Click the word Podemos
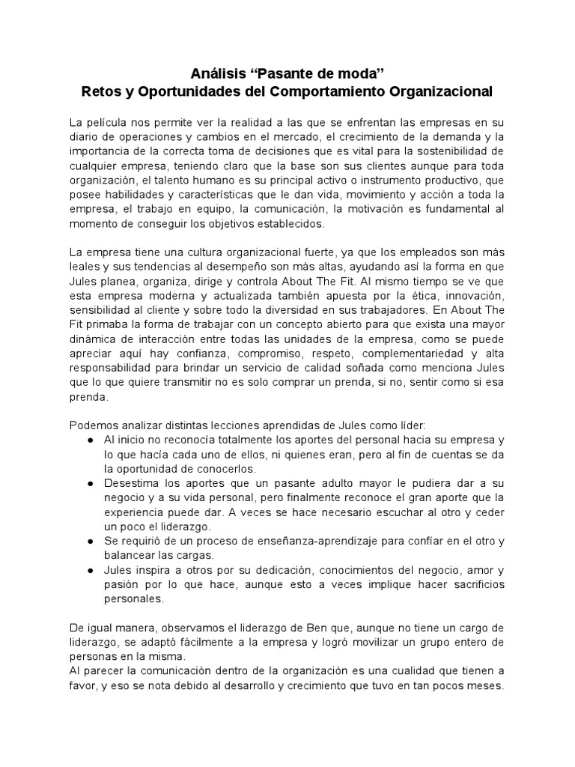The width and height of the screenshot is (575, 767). point(91,425)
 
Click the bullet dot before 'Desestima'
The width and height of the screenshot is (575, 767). point(91,483)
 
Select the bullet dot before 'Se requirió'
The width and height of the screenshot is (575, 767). point(91,541)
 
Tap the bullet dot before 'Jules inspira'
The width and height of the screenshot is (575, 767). point(91,569)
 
